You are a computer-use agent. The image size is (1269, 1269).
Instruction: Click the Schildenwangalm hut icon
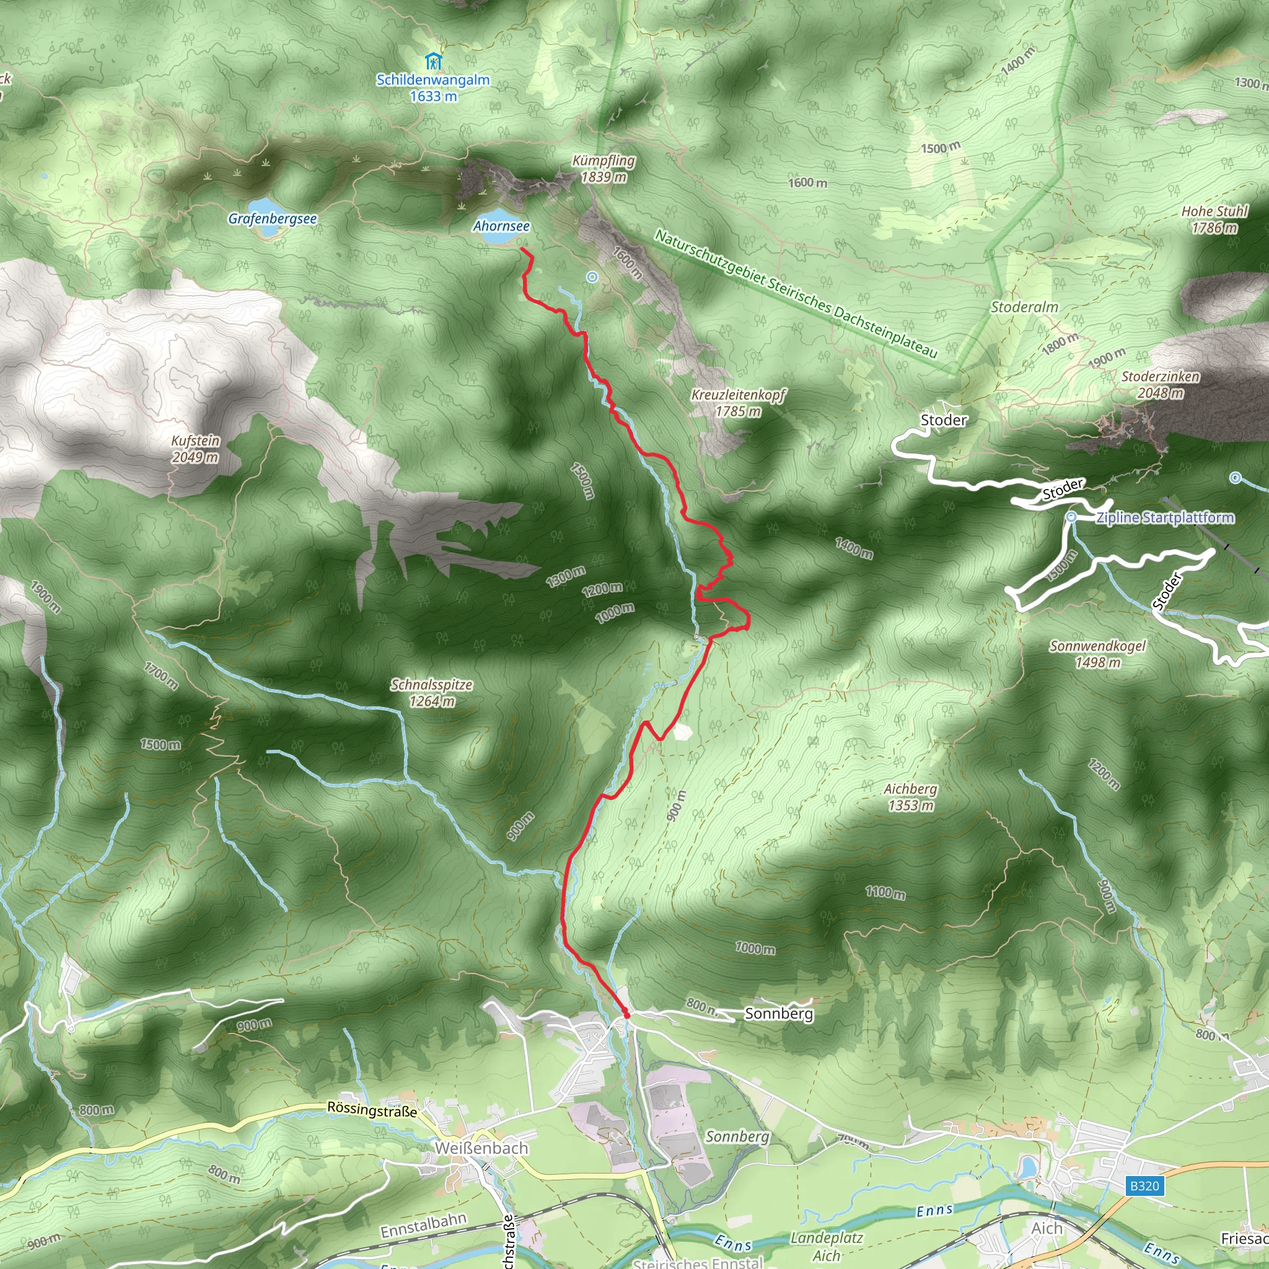point(433,63)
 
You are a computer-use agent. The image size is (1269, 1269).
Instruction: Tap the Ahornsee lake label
point(501,226)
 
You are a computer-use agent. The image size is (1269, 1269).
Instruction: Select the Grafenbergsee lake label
point(272,219)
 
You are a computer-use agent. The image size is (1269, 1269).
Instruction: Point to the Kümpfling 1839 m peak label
point(604,169)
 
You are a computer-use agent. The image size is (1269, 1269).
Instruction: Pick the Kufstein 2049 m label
point(195,449)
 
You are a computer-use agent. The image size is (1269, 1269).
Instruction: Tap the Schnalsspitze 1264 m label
point(431,692)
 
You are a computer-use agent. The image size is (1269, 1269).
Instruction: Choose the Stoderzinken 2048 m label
point(1161,384)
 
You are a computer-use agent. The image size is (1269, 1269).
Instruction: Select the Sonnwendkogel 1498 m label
point(1097,654)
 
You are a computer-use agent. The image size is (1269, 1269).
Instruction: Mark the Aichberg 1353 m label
point(910,797)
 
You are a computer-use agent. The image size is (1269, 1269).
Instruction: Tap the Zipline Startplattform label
point(1164,517)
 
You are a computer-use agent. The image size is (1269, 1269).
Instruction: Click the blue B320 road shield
point(1144,1185)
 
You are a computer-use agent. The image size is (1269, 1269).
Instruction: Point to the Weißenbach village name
point(481,1148)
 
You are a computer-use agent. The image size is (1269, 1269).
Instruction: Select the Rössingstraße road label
point(372,1109)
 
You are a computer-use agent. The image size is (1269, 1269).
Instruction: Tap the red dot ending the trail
point(626,1015)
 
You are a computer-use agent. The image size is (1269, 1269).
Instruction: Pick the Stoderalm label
point(1024,307)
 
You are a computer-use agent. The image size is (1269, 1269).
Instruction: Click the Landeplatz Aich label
point(827,1246)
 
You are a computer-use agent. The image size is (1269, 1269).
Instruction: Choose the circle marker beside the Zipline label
point(1071,517)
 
